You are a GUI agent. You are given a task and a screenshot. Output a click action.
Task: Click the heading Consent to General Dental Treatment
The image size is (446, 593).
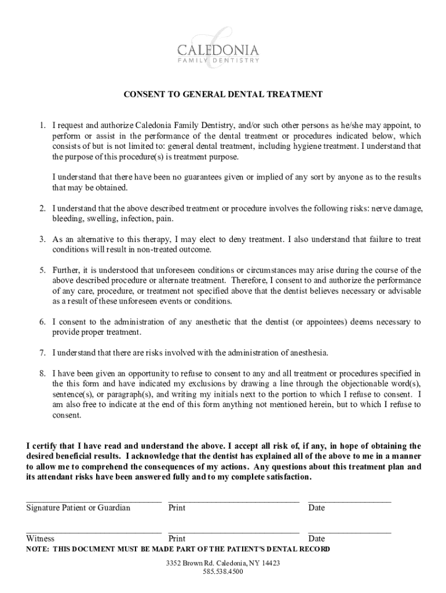pyautogui.click(x=222, y=94)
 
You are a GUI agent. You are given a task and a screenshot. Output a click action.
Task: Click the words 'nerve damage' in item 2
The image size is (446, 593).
pyautogui.click(x=397, y=208)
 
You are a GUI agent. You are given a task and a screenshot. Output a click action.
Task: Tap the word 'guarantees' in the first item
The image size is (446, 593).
pyautogui.click(x=199, y=177)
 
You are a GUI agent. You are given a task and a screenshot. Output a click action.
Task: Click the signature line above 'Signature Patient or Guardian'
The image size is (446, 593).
pyautogui.click(x=93, y=499)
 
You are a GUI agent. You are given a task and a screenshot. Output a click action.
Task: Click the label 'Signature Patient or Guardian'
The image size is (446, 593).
pyautogui.click(x=78, y=508)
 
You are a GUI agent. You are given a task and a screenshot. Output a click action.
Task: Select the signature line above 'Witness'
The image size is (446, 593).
pyautogui.click(x=93, y=530)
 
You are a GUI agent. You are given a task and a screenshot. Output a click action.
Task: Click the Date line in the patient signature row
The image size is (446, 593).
pyautogui.click(x=349, y=499)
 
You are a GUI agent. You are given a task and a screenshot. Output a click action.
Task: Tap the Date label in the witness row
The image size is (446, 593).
pyautogui.click(x=316, y=539)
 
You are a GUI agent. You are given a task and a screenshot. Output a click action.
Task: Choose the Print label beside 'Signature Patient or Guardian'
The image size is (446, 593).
pyautogui.click(x=177, y=508)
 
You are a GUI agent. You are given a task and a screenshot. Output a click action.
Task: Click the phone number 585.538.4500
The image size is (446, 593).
pyautogui.click(x=223, y=572)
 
